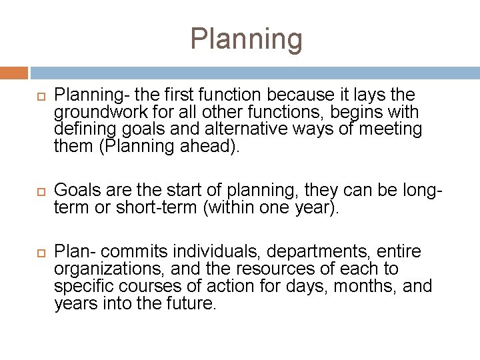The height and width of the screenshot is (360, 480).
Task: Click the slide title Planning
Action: pyautogui.click(x=246, y=39)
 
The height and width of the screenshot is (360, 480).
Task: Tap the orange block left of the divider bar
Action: pyautogui.click(x=14, y=72)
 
